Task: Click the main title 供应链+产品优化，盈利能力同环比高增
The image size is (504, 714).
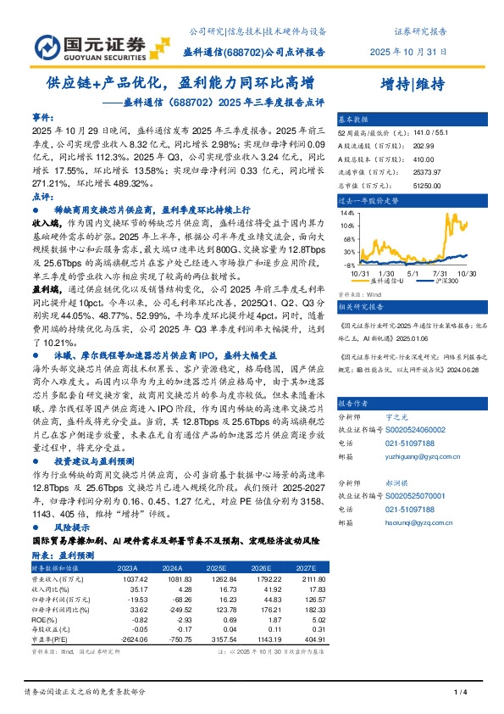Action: pos(180,83)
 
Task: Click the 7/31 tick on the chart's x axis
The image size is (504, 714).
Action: pos(439,272)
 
